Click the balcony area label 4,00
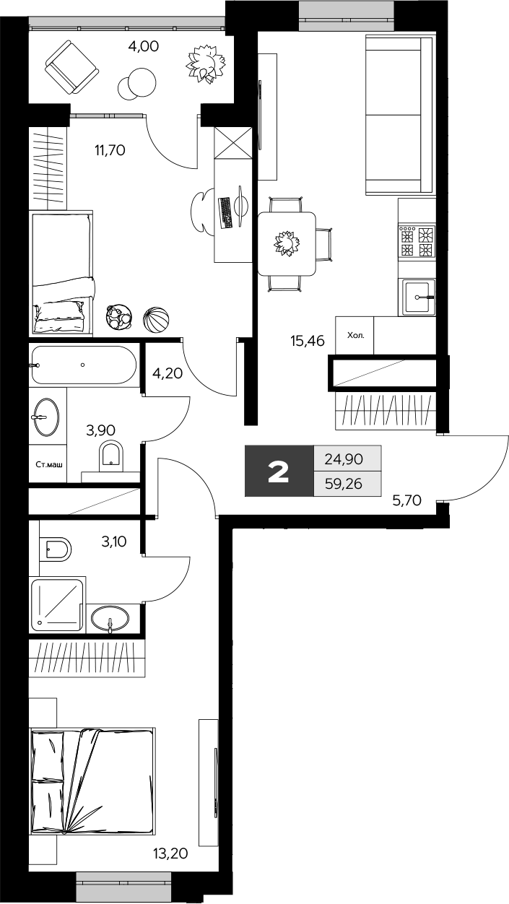pyautogui.click(x=143, y=47)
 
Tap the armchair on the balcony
pyautogui.click(x=71, y=66)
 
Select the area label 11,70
pyautogui.click(x=110, y=151)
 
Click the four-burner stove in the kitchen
pyautogui.click(x=417, y=242)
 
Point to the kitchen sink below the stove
pyautogui.click(x=418, y=297)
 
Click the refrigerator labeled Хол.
pyautogui.click(x=354, y=336)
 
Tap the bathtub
pyautogui.click(x=84, y=365)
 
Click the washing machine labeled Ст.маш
pyautogui.click(x=48, y=465)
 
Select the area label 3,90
pyautogui.click(x=100, y=430)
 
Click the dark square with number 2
pyautogui.click(x=279, y=471)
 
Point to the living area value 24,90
pyautogui.click(x=343, y=458)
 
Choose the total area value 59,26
pyautogui.click(x=343, y=484)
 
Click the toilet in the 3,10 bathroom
pyautogui.click(x=56, y=551)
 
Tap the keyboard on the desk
pyautogui.click(x=225, y=212)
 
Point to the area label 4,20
pyautogui.click(x=167, y=375)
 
